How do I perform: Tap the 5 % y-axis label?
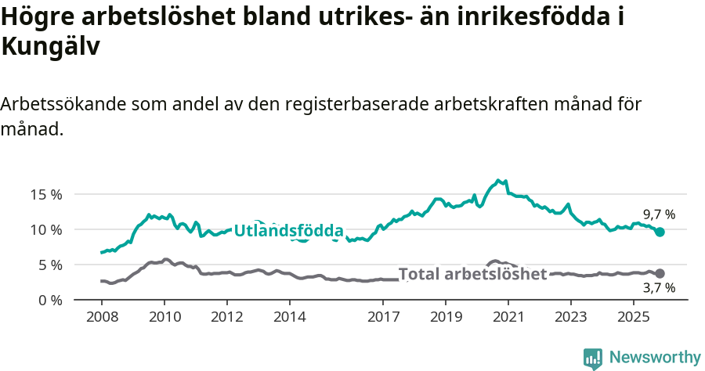[49, 265]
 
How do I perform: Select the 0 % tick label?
[49, 300]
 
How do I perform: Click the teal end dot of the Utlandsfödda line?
[660, 232]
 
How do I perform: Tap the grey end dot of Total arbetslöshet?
[660, 273]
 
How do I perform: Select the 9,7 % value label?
[659, 214]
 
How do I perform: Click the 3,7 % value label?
[659, 288]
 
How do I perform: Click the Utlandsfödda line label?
[288, 231]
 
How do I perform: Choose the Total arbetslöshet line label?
[472, 274]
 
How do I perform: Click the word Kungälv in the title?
[51, 47]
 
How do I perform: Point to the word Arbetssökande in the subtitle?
[62, 104]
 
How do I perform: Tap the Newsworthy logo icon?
[593, 358]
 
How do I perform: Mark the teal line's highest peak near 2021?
[498, 180]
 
